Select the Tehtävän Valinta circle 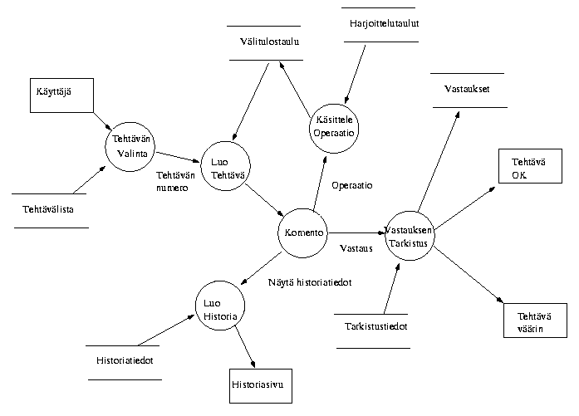(131, 145)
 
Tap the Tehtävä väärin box (533, 321)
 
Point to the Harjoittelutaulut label (385, 23)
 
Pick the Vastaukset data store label (466, 89)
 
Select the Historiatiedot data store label (125, 360)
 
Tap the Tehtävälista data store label (48, 209)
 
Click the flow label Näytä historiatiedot (311, 283)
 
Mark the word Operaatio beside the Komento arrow (352, 185)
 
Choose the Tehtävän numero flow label (175, 181)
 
